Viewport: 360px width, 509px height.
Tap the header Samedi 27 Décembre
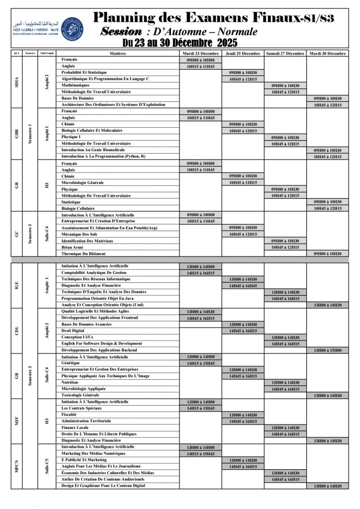coord(285,53)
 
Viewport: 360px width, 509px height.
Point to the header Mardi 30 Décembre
coord(328,53)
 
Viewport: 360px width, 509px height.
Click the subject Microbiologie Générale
coord(83,182)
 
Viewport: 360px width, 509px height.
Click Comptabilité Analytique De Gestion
coord(94,273)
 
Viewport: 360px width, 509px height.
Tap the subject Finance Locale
coord(75,427)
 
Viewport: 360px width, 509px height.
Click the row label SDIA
coord(17,82)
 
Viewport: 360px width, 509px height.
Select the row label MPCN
coord(17,467)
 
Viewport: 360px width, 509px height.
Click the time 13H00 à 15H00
coord(328,350)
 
